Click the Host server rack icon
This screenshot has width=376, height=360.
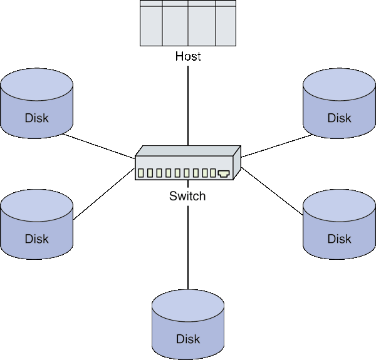[x=188, y=23]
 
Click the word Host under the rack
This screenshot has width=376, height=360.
[x=188, y=56]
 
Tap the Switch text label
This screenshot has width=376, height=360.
[x=187, y=196]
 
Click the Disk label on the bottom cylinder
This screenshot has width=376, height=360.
[x=188, y=339]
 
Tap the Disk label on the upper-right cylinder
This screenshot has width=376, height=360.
[x=339, y=118]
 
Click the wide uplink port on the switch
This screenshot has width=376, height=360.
[x=224, y=173]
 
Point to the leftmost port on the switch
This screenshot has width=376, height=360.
[x=141, y=173]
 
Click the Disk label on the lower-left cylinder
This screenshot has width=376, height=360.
[x=37, y=239]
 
